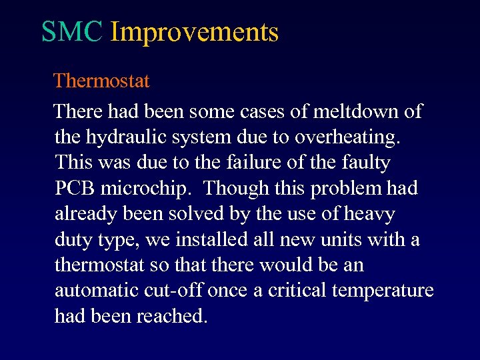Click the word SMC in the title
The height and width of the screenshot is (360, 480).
pos(71,32)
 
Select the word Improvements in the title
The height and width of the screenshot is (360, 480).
pos(194,32)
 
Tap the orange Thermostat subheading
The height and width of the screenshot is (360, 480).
pos(101,81)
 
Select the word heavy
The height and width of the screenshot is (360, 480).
pos(369,214)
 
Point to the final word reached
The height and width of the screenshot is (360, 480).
pos(171,317)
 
